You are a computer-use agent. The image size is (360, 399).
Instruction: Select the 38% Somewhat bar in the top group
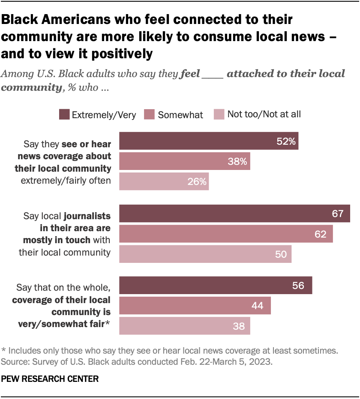[x=184, y=161]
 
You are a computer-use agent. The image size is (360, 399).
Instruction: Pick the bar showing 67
[x=234, y=214]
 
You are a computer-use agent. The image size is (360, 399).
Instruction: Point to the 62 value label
[x=320, y=234]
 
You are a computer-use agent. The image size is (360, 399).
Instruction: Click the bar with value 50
[x=205, y=254]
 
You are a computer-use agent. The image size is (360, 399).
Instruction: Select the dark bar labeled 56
[x=215, y=286]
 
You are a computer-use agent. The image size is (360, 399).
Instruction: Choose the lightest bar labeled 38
[x=184, y=326]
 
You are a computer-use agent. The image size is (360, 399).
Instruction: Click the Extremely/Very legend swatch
[x=64, y=115]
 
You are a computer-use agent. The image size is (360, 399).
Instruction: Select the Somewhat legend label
[x=180, y=115]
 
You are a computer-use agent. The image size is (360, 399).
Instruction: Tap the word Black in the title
[x=24, y=19]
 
